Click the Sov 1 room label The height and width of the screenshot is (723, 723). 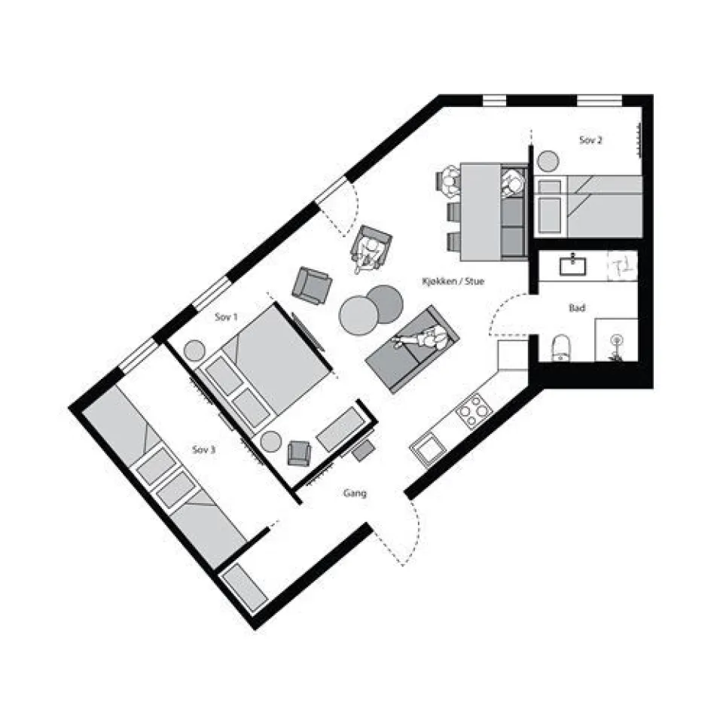pos(226,318)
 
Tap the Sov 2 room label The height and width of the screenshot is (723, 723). pos(590,140)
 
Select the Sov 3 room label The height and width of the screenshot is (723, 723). pos(204,450)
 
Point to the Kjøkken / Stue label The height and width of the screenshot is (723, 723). pos(453,282)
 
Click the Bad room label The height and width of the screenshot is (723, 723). pos(578,309)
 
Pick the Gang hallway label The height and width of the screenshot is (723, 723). pos(355,494)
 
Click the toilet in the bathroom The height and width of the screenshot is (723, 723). pos(562,347)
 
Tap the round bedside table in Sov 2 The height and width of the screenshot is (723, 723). pos(548,160)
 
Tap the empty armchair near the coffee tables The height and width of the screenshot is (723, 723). pos(311,285)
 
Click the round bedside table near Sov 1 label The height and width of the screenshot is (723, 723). pos(195,350)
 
